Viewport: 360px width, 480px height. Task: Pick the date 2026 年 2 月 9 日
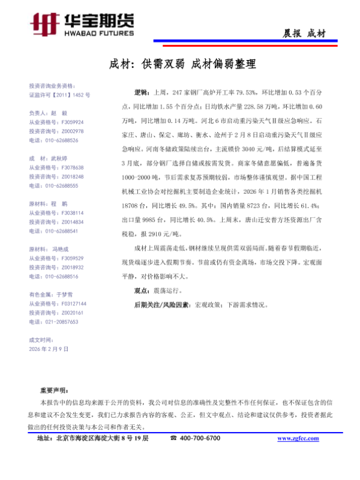49,349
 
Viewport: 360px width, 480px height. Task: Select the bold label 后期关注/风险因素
161,305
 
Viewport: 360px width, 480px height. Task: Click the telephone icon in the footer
173,439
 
